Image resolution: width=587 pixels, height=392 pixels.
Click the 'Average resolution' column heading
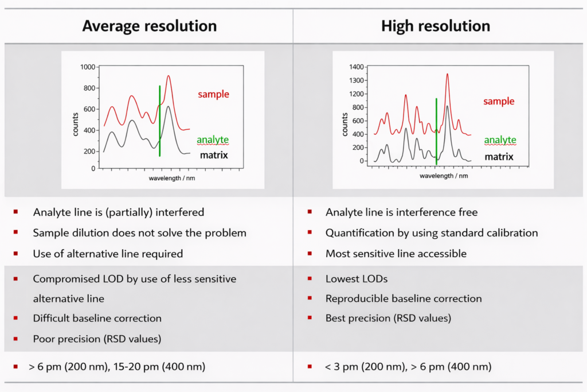tap(149, 26)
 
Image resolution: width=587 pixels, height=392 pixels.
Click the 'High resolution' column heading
tap(436, 26)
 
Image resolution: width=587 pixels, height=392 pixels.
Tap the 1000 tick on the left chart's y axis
tap(87, 67)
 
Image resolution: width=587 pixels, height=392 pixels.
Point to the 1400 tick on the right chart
tap(357, 67)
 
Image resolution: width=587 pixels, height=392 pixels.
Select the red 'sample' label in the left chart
tap(213, 94)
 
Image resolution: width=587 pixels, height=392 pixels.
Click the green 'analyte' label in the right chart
tap(500, 140)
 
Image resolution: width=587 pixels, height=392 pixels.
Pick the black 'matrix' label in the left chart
tap(214, 155)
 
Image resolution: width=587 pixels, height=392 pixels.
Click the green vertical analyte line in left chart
tap(159, 121)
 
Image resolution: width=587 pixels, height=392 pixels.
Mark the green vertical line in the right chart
tap(436, 132)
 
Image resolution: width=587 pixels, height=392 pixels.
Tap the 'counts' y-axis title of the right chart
tap(345, 121)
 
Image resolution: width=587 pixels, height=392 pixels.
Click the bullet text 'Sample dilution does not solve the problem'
tap(140, 233)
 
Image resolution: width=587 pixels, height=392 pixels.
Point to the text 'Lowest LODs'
tap(357, 279)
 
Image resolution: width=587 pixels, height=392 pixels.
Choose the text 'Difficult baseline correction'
tap(97, 318)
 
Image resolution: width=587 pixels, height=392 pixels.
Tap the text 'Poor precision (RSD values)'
tap(97, 339)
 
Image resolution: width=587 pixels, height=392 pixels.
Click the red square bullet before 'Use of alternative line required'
tap(16, 253)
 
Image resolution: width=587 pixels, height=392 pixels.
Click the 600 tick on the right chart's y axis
tap(359, 121)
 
